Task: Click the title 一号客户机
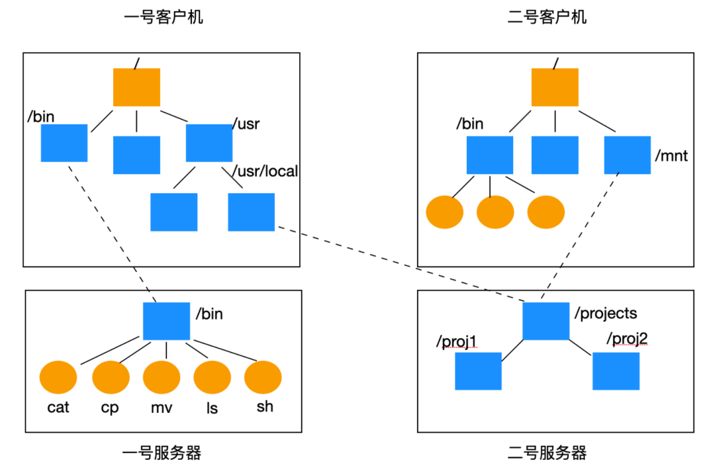click(x=164, y=17)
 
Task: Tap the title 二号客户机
click(x=547, y=17)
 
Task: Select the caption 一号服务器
click(x=162, y=453)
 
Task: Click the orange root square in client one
click(x=136, y=87)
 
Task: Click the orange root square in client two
click(x=555, y=87)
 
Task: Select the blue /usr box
click(x=209, y=143)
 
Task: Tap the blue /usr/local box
click(x=251, y=212)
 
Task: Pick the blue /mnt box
click(x=628, y=155)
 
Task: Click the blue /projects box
click(x=546, y=321)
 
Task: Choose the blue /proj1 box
click(x=478, y=371)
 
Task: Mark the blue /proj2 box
click(x=616, y=371)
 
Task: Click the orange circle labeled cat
click(x=58, y=378)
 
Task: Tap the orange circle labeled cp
click(x=111, y=378)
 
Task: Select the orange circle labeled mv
click(x=162, y=378)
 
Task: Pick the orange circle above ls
click(x=212, y=378)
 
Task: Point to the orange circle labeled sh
click(x=263, y=378)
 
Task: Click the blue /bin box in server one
click(x=166, y=321)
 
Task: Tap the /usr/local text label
click(x=265, y=172)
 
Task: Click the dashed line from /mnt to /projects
click(x=581, y=235)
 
